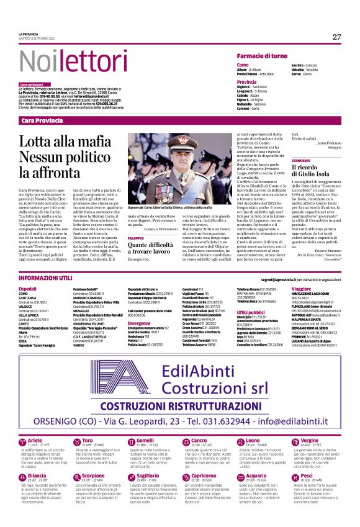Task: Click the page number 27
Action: [x=336, y=37]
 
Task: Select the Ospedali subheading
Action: [x=28, y=289]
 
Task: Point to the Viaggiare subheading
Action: [x=301, y=289]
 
